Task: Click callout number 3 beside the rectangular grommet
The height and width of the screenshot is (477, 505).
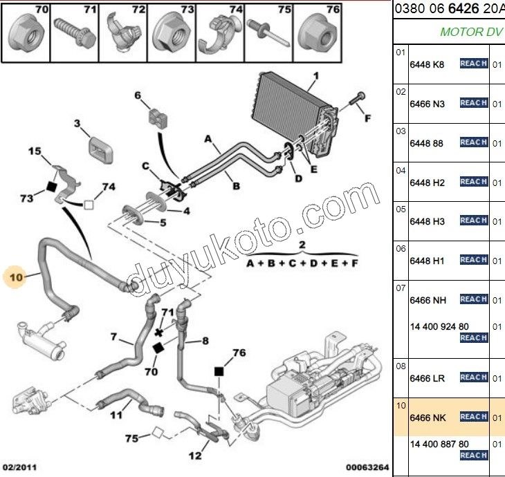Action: click(x=77, y=124)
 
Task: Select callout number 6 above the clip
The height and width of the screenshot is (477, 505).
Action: click(x=138, y=95)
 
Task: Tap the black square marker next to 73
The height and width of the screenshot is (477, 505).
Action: click(x=51, y=185)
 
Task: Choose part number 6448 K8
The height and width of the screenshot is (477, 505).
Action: click(x=427, y=64)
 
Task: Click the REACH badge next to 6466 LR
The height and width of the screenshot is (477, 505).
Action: click(x=474, y=377)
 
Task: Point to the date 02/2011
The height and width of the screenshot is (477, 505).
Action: click(x=18, y=467)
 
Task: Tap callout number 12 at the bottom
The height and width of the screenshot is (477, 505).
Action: click(x=196, y=455)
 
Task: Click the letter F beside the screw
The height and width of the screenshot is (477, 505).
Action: click(x=367, y=118)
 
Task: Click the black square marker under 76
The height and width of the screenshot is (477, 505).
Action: click(x=219, y=372)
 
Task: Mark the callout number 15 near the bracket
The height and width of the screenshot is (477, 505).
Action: click(x=35, y=151)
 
